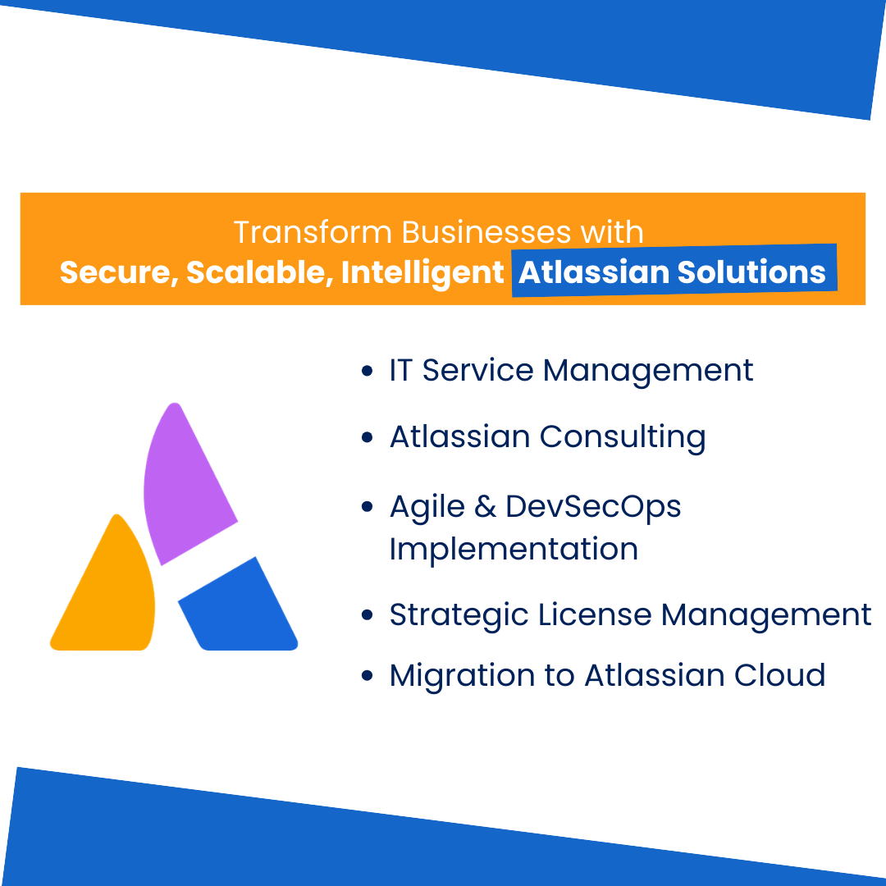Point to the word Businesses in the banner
[x=486, y=232]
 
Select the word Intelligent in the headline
[x=422, y=272]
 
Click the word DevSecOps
[x=593, y=507]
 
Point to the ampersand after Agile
[x=486, y=507]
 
